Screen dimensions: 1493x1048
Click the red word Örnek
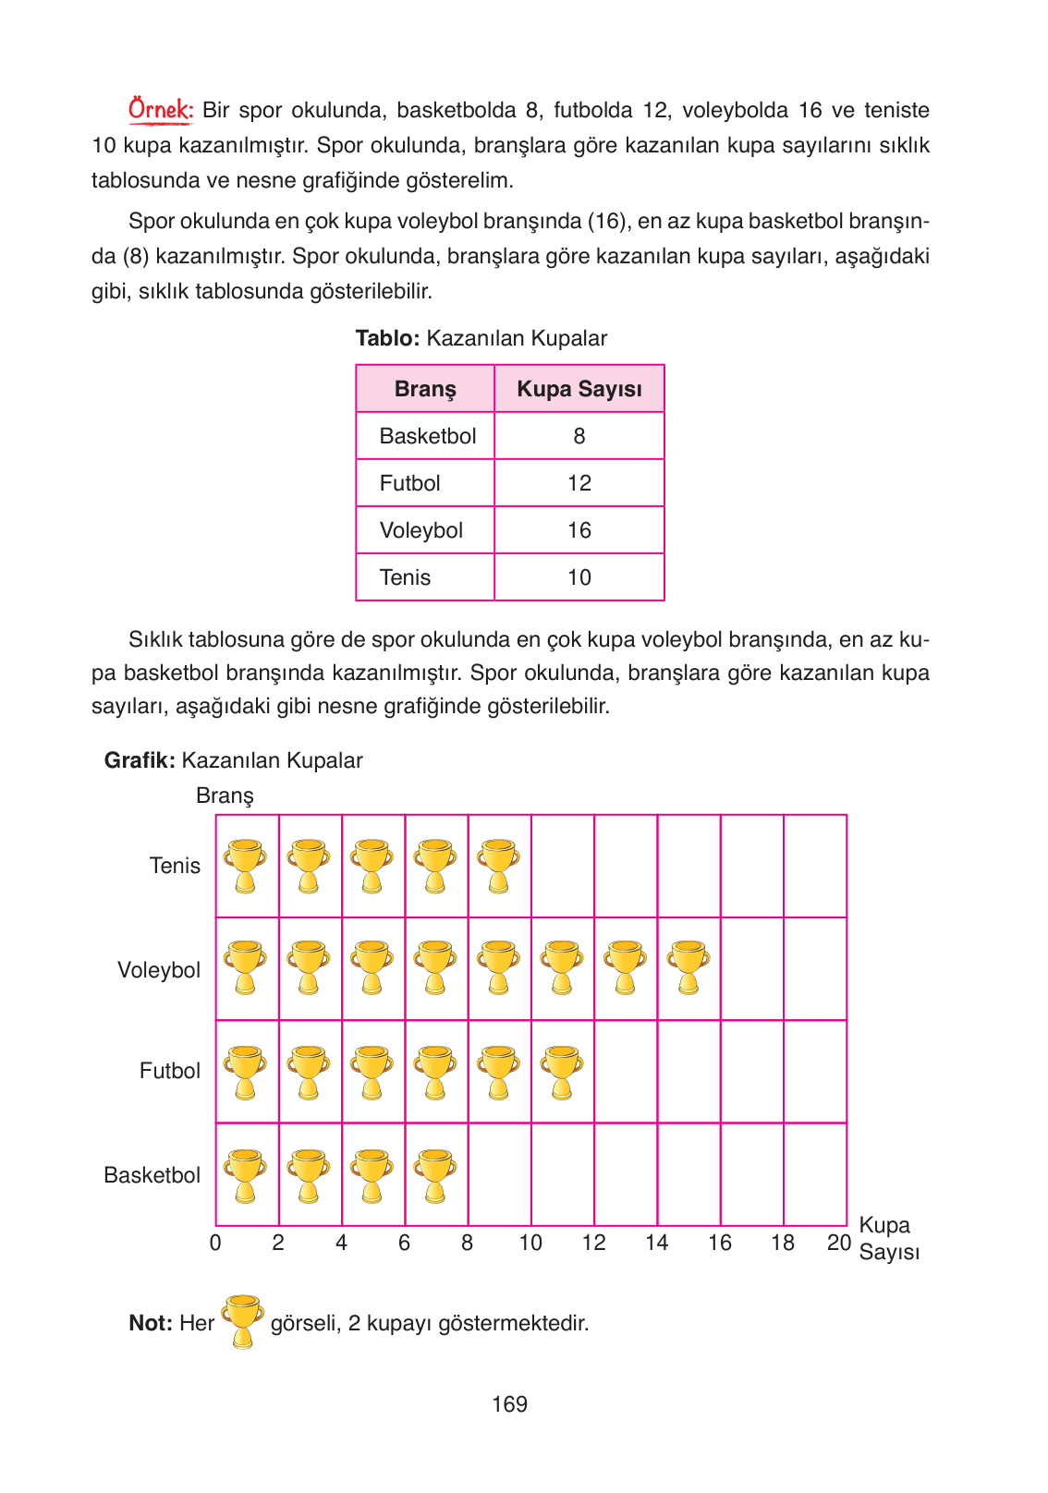click(x=160, y=110)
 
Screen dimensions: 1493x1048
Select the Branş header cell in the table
click(x=425, y=389)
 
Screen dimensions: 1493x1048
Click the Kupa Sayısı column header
click(x=579, y=389)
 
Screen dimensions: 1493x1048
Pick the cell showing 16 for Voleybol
click(x=579, y=530)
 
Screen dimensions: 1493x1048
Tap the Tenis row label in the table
click(x=405, y=577)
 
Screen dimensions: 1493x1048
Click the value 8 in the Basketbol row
click(x=579, y=436)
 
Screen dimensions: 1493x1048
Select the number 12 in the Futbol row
click(x=579, y=483)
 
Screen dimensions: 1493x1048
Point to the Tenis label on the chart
click(x=175, y=866)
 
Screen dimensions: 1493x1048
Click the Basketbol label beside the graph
click(x=152, y=1175)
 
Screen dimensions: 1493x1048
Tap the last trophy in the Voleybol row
click(x=688, y=967)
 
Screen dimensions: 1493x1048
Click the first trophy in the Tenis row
click(x=246, y=866)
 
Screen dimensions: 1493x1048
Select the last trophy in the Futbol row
click(x=561, y=1072)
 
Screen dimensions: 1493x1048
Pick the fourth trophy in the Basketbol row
click(x=435, y=1175)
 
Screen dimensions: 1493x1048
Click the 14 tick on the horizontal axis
click(x=656, y=1244)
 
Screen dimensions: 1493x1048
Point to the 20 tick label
click(x=838, y=1244)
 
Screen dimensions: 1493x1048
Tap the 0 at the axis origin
click(x=215, y=1244)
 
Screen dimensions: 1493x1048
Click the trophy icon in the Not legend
click(x=243, y=1321)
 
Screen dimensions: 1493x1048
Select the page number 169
click(x=509, y=1404)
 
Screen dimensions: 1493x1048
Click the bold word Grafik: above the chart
click(x=140, y=760)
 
